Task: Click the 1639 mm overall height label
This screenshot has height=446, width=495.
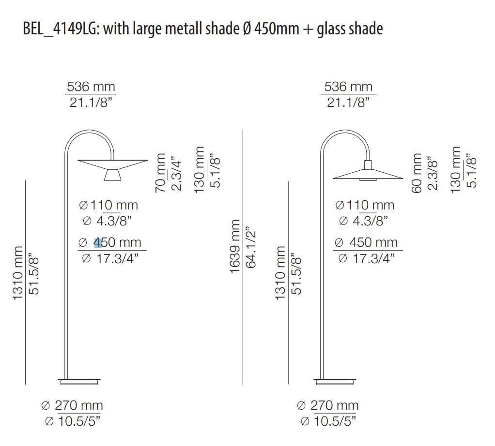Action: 235,247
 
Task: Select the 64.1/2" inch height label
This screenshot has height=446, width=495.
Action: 251,247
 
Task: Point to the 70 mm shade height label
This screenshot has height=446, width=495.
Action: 160,173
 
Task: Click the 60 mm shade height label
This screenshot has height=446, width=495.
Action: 417,173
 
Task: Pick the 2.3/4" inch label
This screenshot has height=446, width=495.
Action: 176,173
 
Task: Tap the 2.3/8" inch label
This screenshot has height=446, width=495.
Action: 433,173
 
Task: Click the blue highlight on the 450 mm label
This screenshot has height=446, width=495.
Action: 98,243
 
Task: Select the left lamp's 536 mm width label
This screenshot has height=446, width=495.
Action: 91,87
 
